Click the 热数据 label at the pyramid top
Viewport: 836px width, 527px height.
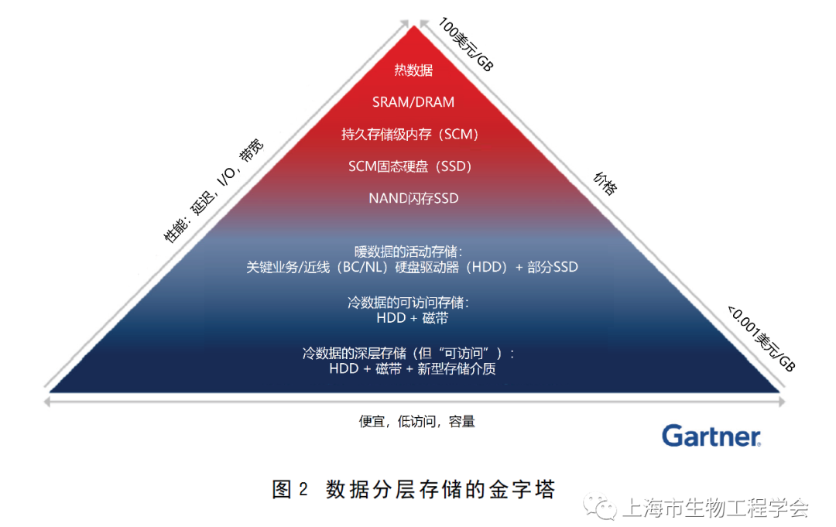click(413, 70)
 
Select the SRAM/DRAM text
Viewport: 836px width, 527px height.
click(413, 102)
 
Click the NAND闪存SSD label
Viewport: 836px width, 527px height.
click(413, 199)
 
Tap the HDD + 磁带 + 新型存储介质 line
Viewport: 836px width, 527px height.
click(413, 369)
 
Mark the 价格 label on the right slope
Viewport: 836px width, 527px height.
click(605, 184)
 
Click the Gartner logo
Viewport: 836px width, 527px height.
click(711, 436)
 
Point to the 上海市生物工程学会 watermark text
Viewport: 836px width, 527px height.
click(715, 508)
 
